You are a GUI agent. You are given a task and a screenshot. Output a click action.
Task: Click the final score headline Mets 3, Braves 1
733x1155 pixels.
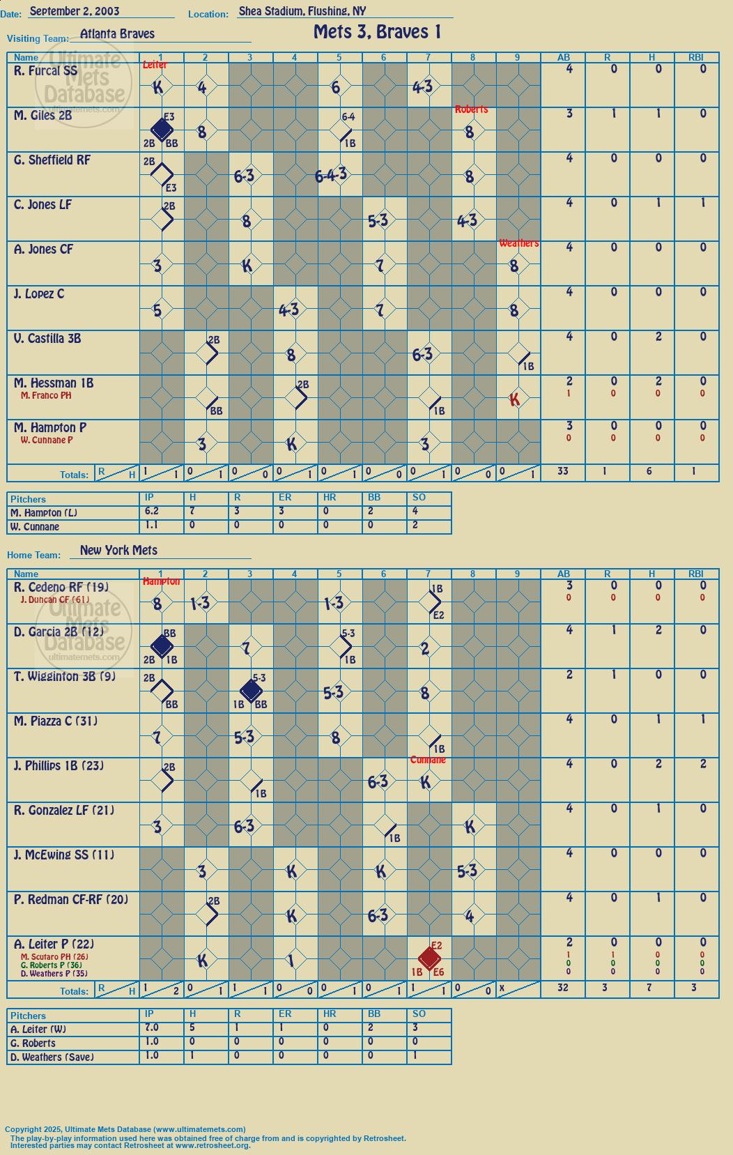378,33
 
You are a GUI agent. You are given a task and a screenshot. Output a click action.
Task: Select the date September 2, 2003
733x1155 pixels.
75,11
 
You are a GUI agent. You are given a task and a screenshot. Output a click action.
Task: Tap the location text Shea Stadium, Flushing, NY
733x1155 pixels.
302,11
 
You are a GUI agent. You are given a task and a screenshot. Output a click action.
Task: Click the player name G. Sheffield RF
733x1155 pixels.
52,160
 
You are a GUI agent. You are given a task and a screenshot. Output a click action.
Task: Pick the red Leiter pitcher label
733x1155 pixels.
155,64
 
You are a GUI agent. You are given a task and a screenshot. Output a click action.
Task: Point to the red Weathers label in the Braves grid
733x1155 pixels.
518,243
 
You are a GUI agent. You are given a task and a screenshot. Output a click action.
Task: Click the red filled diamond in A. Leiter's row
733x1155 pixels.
429,958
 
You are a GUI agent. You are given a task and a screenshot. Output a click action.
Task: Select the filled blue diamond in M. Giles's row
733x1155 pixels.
162,130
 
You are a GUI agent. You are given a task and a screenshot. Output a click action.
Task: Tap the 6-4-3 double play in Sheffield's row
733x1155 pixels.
331,176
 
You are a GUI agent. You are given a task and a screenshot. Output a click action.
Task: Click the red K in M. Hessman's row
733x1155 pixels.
514,399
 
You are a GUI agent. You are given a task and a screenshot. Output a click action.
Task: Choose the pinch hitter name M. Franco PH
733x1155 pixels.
46,395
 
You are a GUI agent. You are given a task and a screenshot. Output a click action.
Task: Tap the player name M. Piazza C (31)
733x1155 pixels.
56,721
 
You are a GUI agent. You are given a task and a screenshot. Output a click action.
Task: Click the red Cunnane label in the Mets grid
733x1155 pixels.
428,760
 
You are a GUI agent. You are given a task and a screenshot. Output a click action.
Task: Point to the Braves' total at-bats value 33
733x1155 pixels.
563,471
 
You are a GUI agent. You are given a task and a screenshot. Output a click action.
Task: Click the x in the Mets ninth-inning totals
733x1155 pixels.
502,988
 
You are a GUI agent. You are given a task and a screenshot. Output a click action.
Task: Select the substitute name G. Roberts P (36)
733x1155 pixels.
51,965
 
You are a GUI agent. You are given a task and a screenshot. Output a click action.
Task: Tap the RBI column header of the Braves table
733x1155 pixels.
696,57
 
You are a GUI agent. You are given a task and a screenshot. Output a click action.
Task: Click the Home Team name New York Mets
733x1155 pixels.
118,550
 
